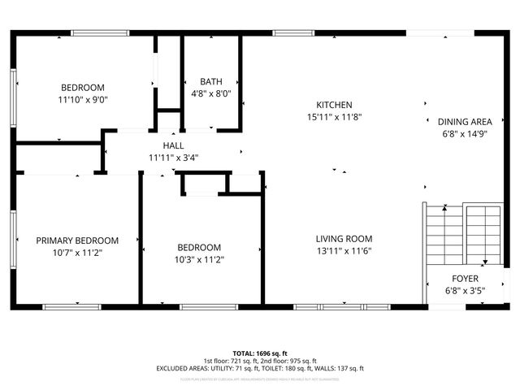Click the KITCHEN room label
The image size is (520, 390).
coord(334,105)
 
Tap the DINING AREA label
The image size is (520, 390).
coord(465,122)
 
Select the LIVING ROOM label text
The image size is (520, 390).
coord(344,239)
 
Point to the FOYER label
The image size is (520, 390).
coord(465,278)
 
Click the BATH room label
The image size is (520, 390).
coord(211,81)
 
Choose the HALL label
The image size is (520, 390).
coord(173,145)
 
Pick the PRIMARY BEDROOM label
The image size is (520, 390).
coord(77,240)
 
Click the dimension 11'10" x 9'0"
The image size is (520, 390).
coord(83,100)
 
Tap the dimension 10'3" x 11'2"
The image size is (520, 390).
coord(199,260)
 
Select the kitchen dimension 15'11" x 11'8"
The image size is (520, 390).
coord(334,117)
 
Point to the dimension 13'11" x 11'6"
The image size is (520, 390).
coord(344,252)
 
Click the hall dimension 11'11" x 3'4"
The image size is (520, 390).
coord(173,158)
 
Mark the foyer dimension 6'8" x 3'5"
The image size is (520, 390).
coord(465,290)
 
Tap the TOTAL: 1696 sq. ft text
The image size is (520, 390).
coord(260,353)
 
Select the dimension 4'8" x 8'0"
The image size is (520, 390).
coord(211,93)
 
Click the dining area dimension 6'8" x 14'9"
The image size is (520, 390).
coord(465,135)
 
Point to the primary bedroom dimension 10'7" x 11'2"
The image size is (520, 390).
coord(77,253)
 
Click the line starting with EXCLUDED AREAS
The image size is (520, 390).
coord(260,368)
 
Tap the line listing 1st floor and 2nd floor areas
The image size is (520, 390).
coord(260,361)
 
